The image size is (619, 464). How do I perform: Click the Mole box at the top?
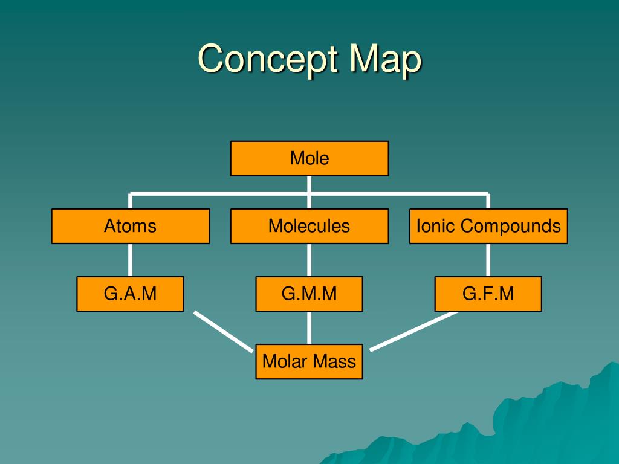pos(309,158)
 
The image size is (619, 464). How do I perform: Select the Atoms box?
pos(130,226)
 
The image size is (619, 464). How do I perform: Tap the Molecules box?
pos(309,226)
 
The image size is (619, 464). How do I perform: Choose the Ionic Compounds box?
pos(488,226)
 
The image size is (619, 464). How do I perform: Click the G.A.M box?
pos(130,294)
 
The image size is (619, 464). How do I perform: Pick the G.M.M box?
pos(309,294)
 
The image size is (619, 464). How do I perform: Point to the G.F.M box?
pos(488,294)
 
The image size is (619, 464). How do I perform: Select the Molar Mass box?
pos(309,361)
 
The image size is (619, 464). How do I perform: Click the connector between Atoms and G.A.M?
pos(130,260)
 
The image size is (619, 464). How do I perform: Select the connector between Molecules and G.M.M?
pos(309,260)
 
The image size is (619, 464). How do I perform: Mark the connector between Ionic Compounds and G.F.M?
pos(488,260)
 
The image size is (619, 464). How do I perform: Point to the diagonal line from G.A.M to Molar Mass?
pos(223,331)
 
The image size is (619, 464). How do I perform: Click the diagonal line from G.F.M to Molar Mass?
pos(414,330)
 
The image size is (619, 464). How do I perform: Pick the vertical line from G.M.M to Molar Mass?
pos(309,327)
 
